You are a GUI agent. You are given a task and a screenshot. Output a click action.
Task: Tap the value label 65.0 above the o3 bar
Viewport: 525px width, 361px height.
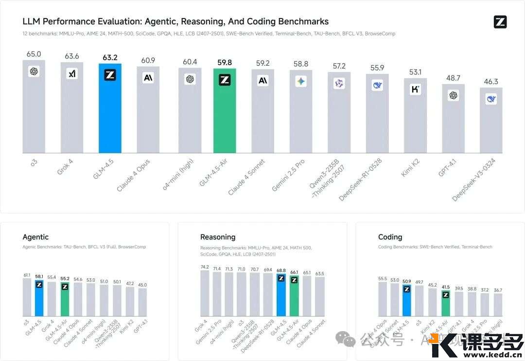tap(34, 54)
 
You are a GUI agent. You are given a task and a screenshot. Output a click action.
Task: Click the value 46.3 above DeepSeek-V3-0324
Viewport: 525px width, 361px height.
tap(491, 82)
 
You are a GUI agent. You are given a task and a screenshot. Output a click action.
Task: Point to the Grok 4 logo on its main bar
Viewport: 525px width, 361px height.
tap(72, 74)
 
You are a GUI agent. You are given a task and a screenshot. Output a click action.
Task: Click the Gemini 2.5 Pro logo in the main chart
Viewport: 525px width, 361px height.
tap(300, 82)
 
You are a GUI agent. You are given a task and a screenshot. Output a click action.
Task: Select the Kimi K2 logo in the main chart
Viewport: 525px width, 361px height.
tap(415, 89)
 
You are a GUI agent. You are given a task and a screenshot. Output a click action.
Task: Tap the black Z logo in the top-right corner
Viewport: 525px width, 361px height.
tap(500, 21)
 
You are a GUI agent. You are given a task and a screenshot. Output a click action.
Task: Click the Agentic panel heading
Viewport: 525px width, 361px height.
tap(35, 237)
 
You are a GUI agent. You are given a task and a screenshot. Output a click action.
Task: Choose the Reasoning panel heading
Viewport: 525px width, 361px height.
tap(218, 237)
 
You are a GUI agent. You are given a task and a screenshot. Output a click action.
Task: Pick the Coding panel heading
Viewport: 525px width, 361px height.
tap(390, 237)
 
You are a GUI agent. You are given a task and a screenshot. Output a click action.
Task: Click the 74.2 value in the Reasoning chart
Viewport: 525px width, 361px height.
tap(205, 267)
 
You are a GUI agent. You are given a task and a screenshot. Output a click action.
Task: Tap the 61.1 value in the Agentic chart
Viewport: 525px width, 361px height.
tap(27, 275)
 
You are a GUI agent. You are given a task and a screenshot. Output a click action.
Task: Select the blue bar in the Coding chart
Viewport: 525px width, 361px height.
tap(406, 302)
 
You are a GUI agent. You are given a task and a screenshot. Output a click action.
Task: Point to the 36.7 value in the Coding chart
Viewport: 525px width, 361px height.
tap(497, 290)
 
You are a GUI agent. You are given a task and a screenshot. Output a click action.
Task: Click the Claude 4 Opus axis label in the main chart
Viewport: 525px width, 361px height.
tap(133, 176)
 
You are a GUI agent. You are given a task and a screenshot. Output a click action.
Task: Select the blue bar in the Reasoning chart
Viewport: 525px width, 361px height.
tap(281, 298)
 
